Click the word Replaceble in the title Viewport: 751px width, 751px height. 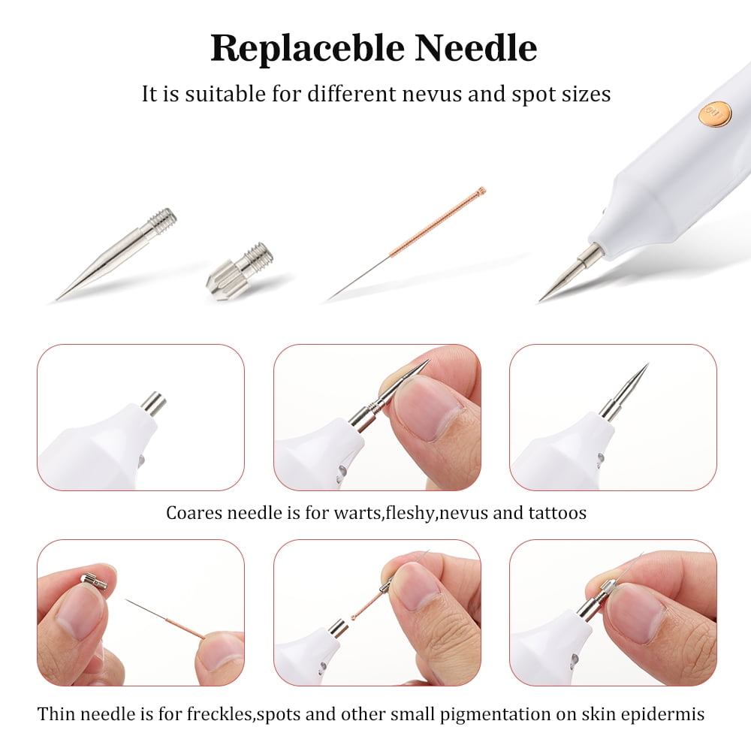pyautogui.click(x=307, y=48)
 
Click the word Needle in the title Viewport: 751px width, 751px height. pyautogui.click(x=475, y=48)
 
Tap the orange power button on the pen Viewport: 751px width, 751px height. pyautogui.click(x=715, y=115)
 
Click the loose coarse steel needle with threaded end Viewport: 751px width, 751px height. pyautogui.click(x=116, y=254)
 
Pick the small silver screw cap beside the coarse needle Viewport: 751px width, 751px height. pyautogui.click(x=240, y=271)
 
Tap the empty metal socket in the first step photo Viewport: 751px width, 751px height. pyautogui.click(x=153, y=403)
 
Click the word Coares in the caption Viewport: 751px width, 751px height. pyautogui.click(x=195, y=513)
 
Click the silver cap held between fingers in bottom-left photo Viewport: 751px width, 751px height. pyautogui.click(x=94, y=581)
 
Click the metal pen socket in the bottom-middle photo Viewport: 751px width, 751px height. pyautogui.click(x=339, y=628)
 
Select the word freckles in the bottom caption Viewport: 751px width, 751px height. pyautogui.click(x=219, y=713)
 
